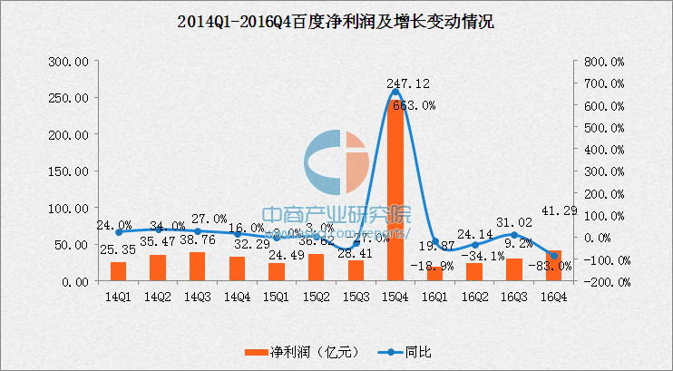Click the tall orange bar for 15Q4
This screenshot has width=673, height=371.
point(395,190)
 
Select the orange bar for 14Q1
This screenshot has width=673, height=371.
point(119,271)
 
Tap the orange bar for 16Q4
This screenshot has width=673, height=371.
point(553,266)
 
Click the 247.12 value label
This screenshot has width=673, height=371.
point(408,83)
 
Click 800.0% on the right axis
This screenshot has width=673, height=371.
point(600,62)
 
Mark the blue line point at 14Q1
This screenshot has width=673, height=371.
point(119,232)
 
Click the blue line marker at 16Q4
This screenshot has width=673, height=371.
point(553,256)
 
